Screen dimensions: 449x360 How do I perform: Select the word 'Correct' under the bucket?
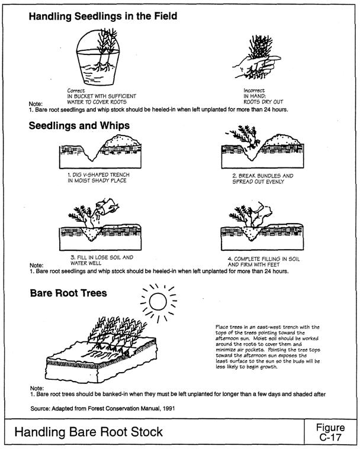77,90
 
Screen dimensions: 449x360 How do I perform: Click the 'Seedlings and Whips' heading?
79,126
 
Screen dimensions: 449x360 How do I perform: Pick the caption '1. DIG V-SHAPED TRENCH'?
98,175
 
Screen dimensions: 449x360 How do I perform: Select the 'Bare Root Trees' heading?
68,293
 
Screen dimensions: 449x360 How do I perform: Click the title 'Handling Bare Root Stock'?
89,433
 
